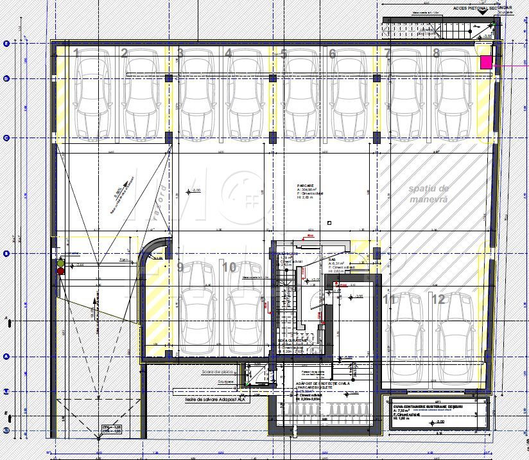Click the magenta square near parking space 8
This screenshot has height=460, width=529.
[x=486, y=62]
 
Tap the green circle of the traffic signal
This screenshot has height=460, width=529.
[x=61, y=263]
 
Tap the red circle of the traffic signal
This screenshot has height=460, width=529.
[x=61, y=271]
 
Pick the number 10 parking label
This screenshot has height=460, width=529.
[x=229, y=267]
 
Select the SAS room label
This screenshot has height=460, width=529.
[x=332, y=260]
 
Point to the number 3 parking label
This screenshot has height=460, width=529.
[x=180, y=53]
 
